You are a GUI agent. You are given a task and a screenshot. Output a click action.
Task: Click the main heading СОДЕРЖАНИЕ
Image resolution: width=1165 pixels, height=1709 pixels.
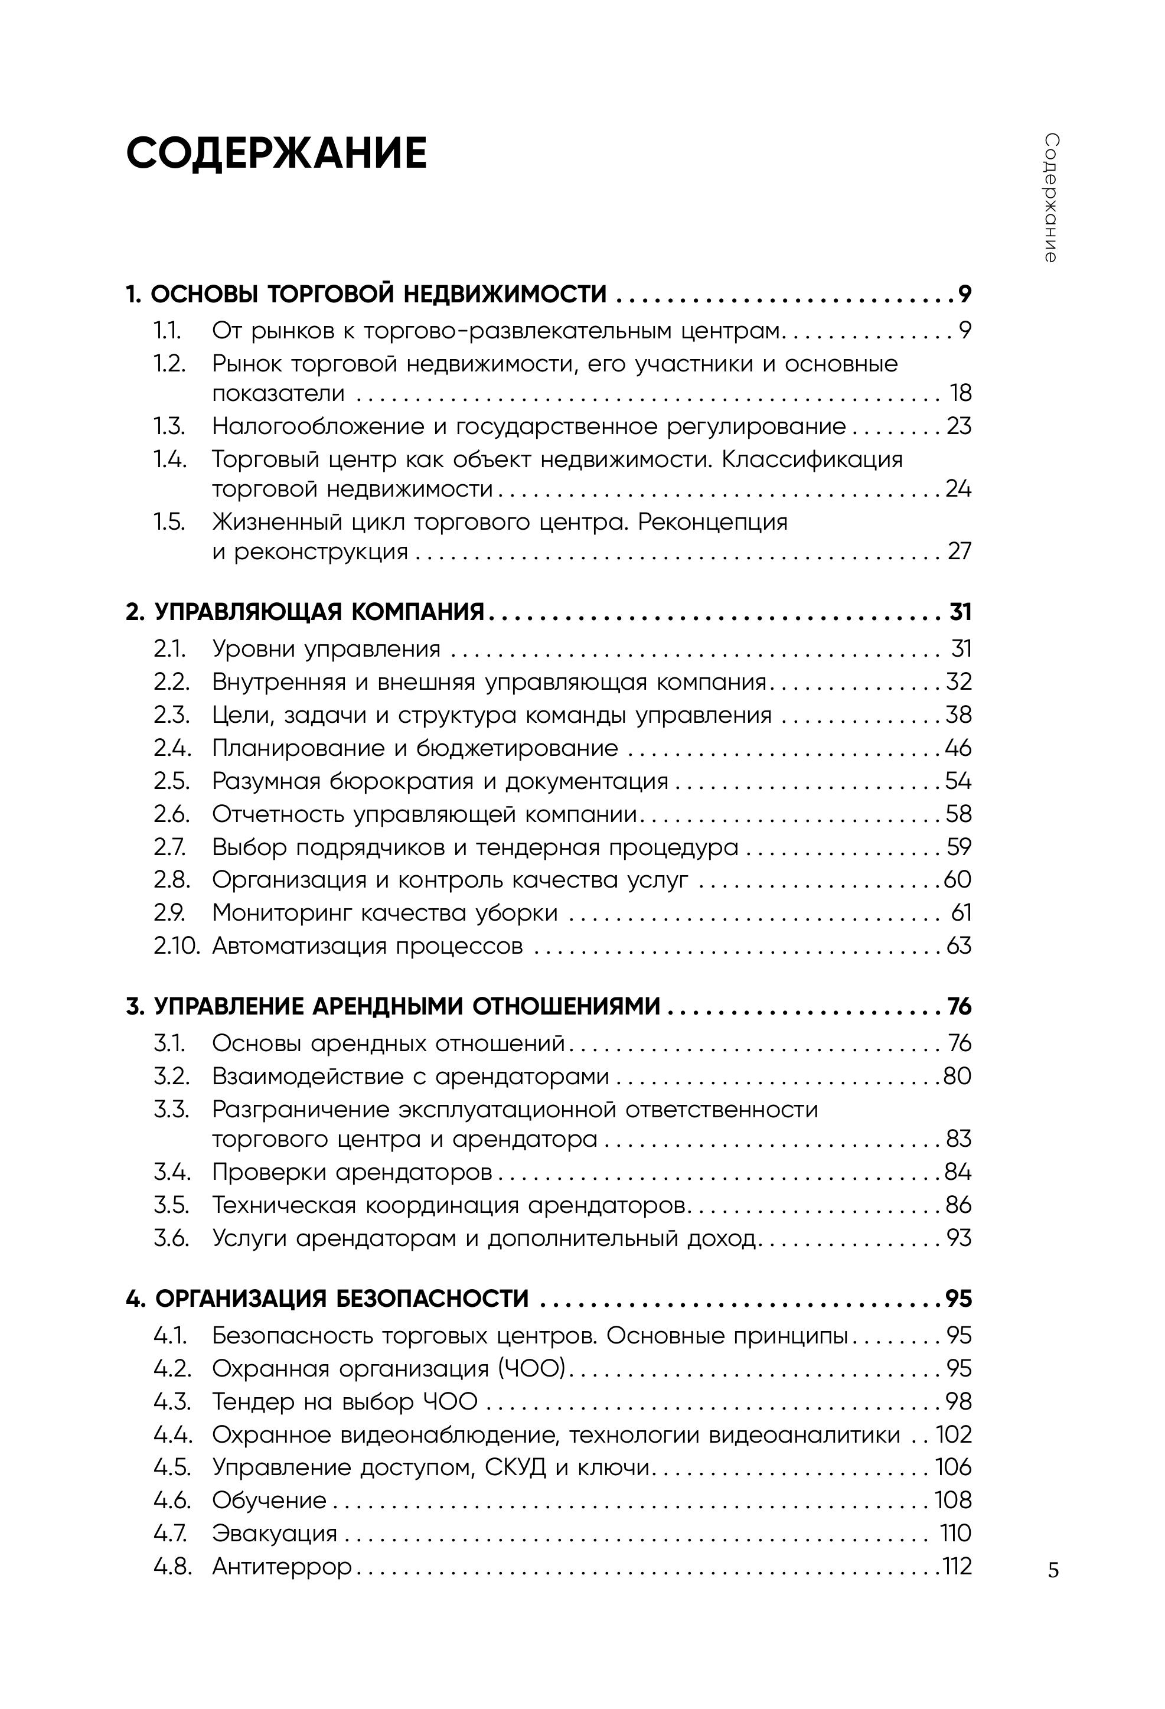point(276,155)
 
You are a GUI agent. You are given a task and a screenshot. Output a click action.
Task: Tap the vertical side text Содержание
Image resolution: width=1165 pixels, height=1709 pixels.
point(1051,198)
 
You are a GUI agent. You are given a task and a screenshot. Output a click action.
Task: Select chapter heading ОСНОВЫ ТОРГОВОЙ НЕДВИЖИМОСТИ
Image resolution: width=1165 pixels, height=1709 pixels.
point(378,294)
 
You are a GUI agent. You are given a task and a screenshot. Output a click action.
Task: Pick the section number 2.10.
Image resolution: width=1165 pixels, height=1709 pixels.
point(177,945)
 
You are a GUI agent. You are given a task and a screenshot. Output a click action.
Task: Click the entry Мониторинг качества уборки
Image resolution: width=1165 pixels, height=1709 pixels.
point(384,912)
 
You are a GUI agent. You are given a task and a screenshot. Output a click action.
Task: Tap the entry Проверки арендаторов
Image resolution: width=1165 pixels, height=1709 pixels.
point(351,1172)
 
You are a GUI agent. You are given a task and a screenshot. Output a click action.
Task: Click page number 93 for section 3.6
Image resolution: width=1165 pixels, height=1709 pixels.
point(959,1238)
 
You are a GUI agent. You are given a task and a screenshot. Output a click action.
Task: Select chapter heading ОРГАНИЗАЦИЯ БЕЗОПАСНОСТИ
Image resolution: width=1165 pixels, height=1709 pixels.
point(341,1299)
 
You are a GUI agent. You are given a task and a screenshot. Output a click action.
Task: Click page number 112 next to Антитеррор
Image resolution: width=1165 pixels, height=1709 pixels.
point(958,1566)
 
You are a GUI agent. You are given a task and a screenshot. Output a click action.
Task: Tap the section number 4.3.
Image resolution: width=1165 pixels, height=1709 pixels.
point(172,1401)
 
